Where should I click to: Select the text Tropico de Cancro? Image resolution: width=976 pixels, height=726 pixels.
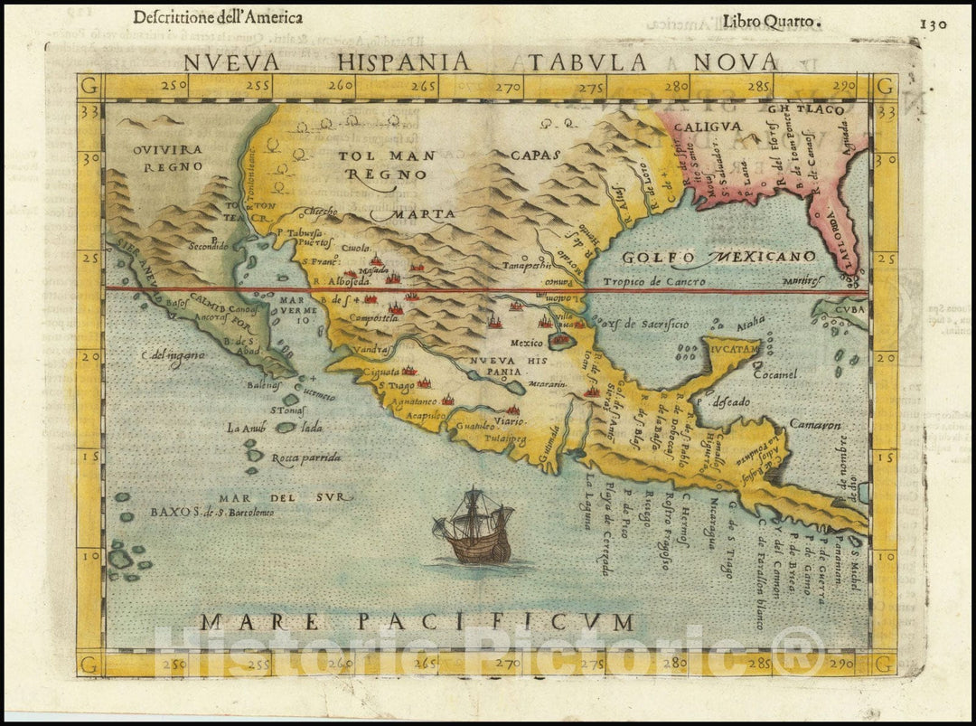click(x=662, y=281)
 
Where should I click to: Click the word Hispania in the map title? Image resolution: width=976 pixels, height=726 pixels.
click(x=412, y=61)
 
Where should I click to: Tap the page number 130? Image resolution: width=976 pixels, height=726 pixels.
click(x=934, y=24)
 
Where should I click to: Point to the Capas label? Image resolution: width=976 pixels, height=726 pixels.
click(x=535, y=155)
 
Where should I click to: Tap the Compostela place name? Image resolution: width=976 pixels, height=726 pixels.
click(x=349, y=318)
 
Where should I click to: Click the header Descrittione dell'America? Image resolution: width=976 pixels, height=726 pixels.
click(x=218, y=17)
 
